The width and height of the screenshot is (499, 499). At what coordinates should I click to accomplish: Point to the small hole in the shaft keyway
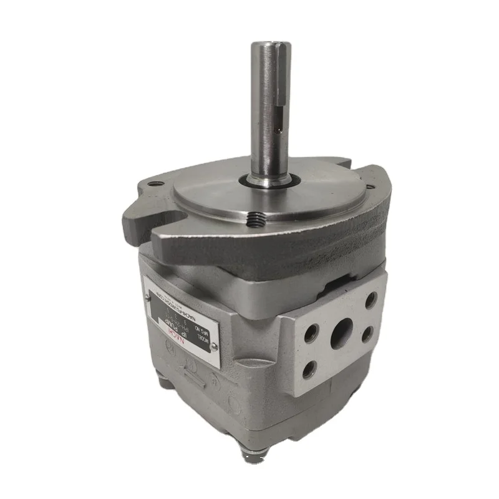pyautogui.click(x=278, y=132)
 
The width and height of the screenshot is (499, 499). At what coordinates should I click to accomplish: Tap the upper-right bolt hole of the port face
pyautogui.click(x=370, y=300)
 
